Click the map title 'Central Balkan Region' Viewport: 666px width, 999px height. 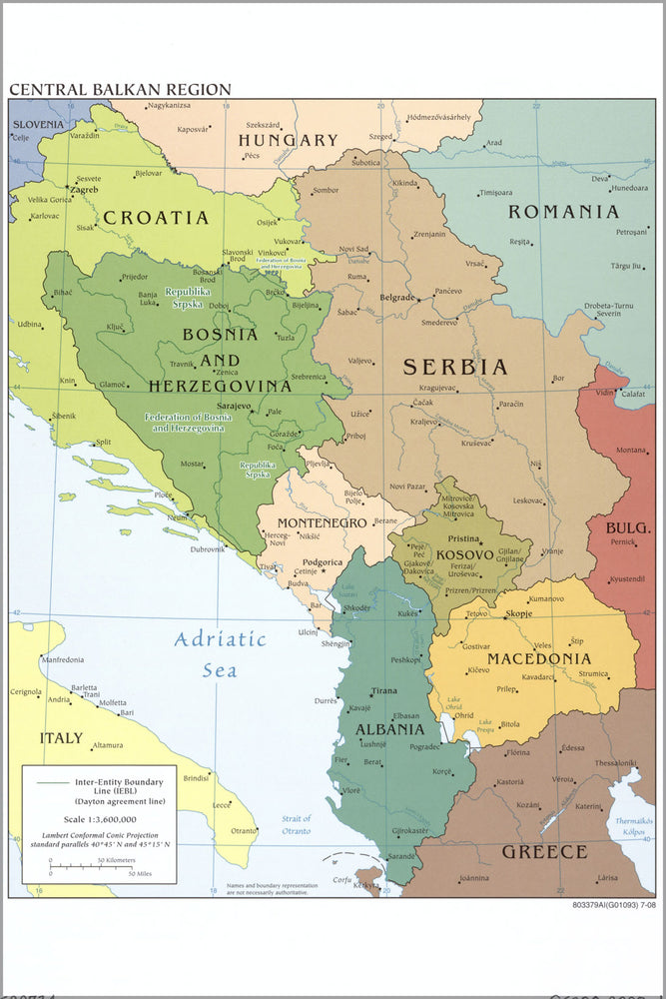pos(120,89)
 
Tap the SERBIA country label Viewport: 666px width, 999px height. pos(455,367)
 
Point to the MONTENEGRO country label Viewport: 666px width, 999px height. pos(322,522)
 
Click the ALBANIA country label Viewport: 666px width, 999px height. pos(389,729)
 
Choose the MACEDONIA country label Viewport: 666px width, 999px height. pos(538,659)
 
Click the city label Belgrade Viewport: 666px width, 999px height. pos(396,298)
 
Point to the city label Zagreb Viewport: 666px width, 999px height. pos(84,189)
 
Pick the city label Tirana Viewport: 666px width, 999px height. pos(384,691)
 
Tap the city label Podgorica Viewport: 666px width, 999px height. pos(323,562)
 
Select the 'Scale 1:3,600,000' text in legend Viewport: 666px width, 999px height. pos(99,816)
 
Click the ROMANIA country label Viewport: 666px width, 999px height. pos(563,211)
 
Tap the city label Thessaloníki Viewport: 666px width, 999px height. pos(615,762)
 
